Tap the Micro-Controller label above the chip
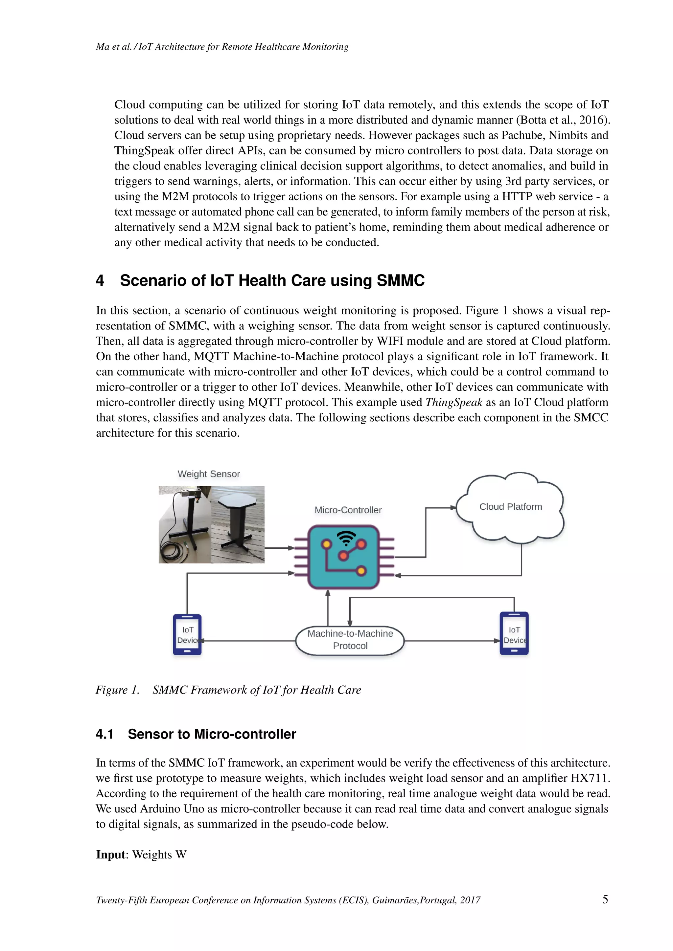tap(348, 510)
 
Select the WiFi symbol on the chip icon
tap(346, 538)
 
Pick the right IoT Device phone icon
tap(514, 634)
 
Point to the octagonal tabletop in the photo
tap(238, 501)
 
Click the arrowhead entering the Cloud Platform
tap(453, 507)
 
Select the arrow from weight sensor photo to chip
tap(279, 548)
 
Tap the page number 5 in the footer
tap(605, 899)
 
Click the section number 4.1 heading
tap(104, 734)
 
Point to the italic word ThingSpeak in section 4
tap(454, 402)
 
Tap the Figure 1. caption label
tap(117, 690)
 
